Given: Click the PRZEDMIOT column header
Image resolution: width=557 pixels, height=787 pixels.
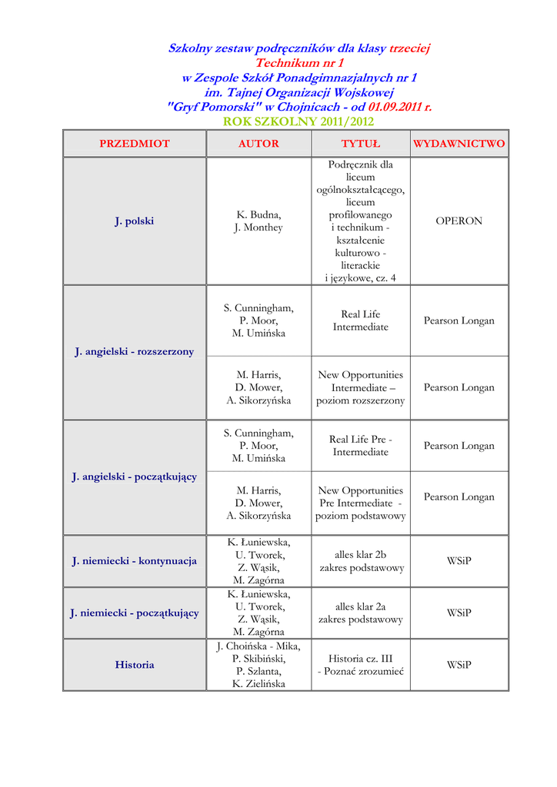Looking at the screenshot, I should pyautogui.click(x=135, y=144).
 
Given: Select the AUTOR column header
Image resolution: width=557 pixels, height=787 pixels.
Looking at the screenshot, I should pyautogui.click(x=258, y=144).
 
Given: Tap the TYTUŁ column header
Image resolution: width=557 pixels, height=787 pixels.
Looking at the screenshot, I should pyautogui.click(x=361, y=144).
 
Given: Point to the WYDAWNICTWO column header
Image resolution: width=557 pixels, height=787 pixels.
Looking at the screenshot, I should pyautogui.click(x=459, y=144).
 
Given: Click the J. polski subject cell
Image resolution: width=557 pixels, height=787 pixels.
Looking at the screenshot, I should pyautogui.click(x=135, y=221).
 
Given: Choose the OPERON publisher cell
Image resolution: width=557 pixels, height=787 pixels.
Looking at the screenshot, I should pyautogui.click(x=459, y=221).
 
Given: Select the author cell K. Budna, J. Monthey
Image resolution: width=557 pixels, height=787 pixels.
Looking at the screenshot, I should pyautogui.click(x=258, y=221).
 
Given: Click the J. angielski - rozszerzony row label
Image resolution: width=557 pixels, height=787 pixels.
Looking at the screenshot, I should pyautogui.click(x=135, y=352).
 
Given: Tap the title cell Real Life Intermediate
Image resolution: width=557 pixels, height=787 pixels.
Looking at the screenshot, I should pyautogui.click(x=361, y=320).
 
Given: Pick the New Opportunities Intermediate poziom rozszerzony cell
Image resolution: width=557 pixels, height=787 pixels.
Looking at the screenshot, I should pyautogui.click(x=361, y=388).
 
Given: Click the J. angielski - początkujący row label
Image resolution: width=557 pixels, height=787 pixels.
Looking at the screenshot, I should pyautogui.click(x=135, y=477).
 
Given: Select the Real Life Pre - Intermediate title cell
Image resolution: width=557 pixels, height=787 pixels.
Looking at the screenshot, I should pyautogui.click(x=361, y=446).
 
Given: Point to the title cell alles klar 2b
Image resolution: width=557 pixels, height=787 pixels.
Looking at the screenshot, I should pyautogui.click(x=361, y=561).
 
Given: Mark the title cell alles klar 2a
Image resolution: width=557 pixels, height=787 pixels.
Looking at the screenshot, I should pyautogui.click(x=361, y=613).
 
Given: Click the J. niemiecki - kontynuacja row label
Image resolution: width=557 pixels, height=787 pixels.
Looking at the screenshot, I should pyautogui.click(x=135, y=561).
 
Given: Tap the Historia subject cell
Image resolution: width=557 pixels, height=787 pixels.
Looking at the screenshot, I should pyautogui.click(x=135, y=665).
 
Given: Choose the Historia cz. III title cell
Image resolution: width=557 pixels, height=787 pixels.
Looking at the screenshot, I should pyautogui.click(x=361, y=665).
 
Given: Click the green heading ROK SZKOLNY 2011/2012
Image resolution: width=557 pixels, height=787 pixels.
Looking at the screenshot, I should pyautogui.click(x=299, y=122).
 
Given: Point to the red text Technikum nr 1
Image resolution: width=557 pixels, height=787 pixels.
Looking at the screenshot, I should pyautogui.click(x=299, y=63).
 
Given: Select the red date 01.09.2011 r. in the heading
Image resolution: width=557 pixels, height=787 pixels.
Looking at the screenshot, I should pyautogui.click(x=400, y=107).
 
